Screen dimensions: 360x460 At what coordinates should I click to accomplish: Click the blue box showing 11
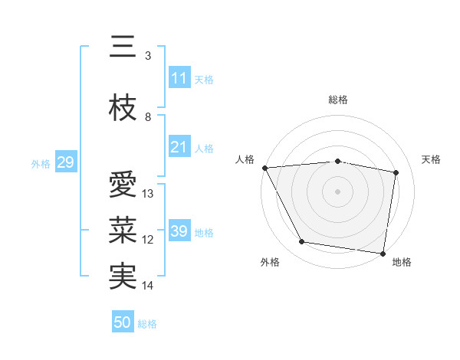coord(179,78)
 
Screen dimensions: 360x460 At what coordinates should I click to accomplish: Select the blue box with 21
coord(179,147)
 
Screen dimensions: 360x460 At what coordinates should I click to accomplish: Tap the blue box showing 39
coord(179,231)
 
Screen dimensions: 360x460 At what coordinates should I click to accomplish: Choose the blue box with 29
coord(65,162)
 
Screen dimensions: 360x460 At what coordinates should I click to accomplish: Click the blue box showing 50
coord(123,322)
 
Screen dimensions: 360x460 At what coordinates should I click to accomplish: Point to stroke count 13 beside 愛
coord(149,194)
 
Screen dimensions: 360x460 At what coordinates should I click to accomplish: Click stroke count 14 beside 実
coord(149,286)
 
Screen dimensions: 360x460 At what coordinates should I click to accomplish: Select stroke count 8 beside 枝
coord(148,117)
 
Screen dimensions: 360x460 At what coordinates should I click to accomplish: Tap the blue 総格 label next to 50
coord(147,324)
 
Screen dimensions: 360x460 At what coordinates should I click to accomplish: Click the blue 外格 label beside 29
coord(40,163)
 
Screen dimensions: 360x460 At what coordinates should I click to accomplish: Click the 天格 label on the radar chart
coord(431,159)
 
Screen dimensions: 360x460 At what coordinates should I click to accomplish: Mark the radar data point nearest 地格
coord(383,253)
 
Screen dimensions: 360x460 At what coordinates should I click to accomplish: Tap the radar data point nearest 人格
coord(264,168)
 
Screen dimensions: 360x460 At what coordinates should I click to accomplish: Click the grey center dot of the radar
coord(337,191)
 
